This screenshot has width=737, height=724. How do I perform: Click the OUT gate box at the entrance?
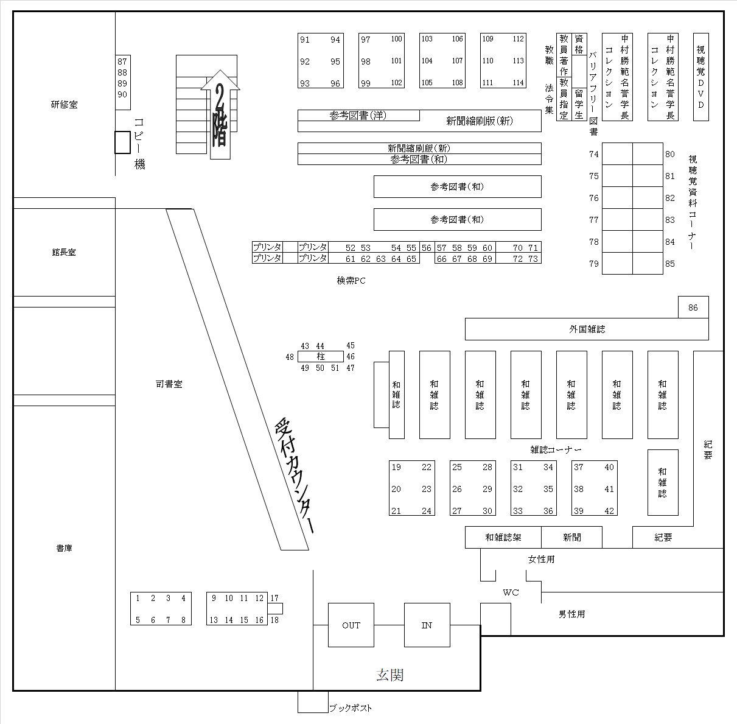coord(351,625)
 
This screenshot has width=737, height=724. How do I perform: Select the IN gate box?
coord(427,625)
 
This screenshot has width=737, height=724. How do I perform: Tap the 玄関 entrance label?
coord(389,675)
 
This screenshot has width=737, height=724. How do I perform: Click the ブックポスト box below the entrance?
coord(312,703)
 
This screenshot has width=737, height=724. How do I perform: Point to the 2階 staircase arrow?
coord(220,116)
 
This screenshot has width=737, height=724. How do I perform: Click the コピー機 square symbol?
coord(122,142)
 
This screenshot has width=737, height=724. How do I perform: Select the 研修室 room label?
coord(64,105)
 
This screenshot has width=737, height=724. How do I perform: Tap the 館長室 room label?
coord(64,252)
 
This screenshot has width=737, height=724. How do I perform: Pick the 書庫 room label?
coord(64,548)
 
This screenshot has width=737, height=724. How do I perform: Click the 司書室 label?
coord(169,384)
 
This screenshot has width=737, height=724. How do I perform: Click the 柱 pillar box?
coord(321,357)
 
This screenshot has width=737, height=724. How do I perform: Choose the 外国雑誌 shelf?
coord(587,329)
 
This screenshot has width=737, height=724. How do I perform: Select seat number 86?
coord(693,308)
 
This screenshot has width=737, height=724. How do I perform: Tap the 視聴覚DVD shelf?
coord(701,77)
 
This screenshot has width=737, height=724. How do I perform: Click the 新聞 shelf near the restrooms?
coord(571,538)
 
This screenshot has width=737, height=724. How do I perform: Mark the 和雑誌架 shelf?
coord(503,538)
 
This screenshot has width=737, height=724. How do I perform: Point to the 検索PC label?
coord(351,281)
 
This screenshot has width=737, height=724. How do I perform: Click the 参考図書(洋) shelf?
coord(358,115)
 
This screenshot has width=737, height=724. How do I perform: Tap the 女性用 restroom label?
coord(541,559)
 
